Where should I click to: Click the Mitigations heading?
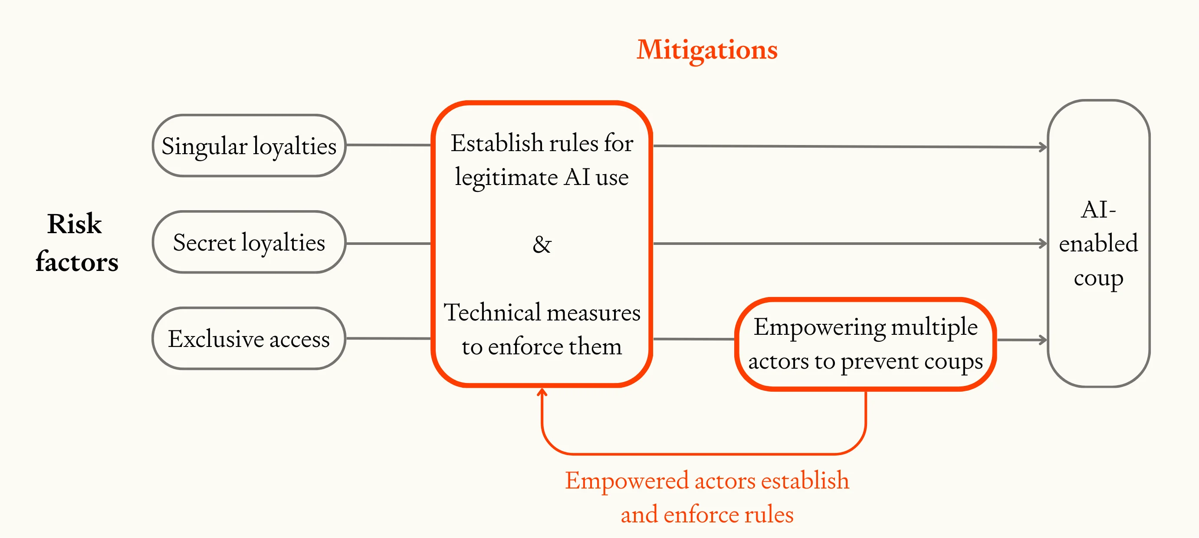[x=706, y=50]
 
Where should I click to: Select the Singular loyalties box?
[x=249, y=146]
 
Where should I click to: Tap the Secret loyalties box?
[x=249, y=242]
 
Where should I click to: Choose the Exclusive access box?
[x=249, y=339]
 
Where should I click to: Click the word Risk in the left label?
[x=75, y=224]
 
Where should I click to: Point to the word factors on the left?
[x=77, y=262]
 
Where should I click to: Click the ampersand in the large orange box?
[x=541, y=244]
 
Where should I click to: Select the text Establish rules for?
[x=541, y=143]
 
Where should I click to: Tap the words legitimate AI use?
[x=541, y=178]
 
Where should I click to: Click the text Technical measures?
[x=541, y=313]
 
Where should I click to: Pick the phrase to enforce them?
[x=541, y=347]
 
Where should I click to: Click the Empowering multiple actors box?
[x=865, y=344]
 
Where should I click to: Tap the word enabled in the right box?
[x=1098, y=244]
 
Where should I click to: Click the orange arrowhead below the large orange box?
[x=541, y=392]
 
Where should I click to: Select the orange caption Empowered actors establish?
[x=706, y=481]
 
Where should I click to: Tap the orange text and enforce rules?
[x=706, y=515]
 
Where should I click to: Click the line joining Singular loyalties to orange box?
[x=389, y=145]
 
